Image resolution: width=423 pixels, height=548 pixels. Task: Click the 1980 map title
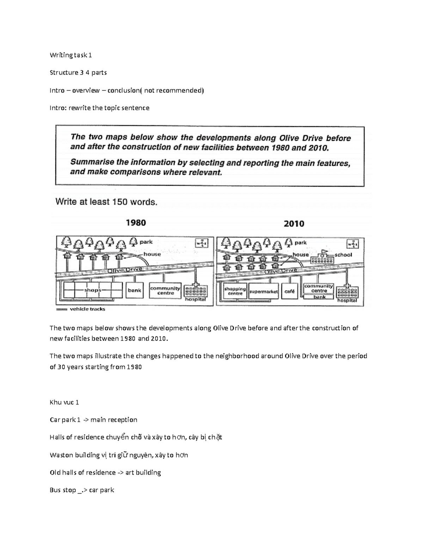136,223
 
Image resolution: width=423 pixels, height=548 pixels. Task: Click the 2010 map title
294,224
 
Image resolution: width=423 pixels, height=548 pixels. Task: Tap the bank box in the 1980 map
134,290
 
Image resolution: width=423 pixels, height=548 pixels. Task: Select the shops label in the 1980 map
93,290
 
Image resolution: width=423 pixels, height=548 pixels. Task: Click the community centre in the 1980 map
165,290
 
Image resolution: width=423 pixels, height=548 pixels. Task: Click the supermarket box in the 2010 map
263,292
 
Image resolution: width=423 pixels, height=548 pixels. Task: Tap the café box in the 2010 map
289,291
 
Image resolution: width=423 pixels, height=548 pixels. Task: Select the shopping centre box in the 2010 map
235,291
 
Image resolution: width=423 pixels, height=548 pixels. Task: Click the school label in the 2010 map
343,254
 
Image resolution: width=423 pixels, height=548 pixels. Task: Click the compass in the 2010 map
353,244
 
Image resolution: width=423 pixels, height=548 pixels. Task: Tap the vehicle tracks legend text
87,309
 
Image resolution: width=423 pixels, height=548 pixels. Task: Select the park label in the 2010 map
301,242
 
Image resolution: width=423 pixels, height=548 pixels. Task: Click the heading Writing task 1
71,55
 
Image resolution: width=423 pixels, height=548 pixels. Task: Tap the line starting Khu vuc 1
65,402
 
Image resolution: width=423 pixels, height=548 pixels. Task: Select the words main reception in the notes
114,420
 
